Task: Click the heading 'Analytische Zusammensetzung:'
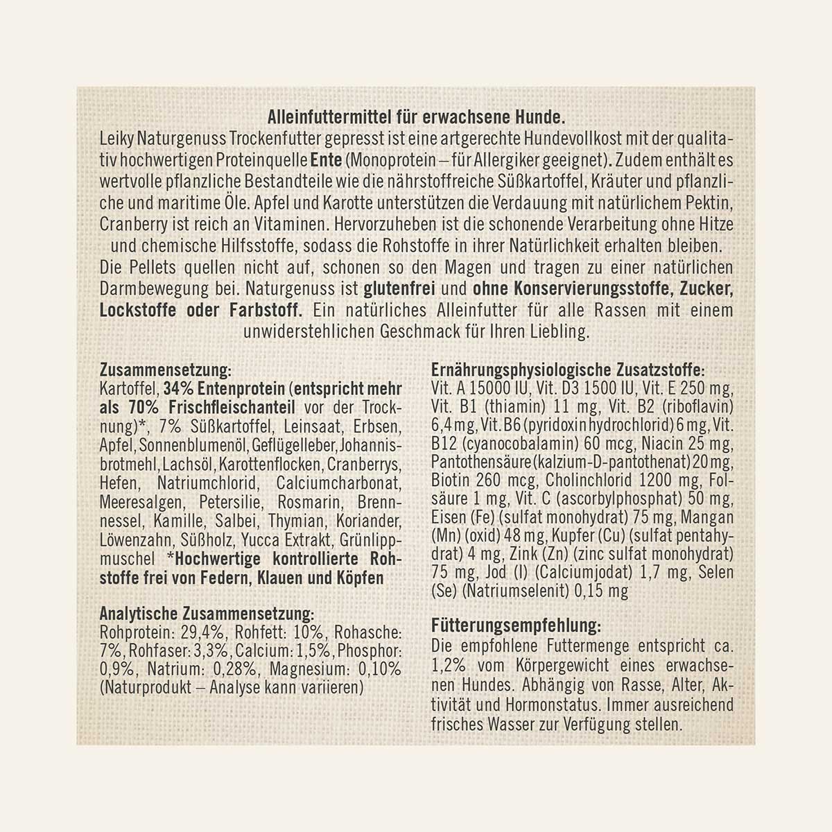coord(207,614)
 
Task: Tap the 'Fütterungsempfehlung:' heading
coord(516,625)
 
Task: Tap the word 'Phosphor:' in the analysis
coord(370,651)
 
